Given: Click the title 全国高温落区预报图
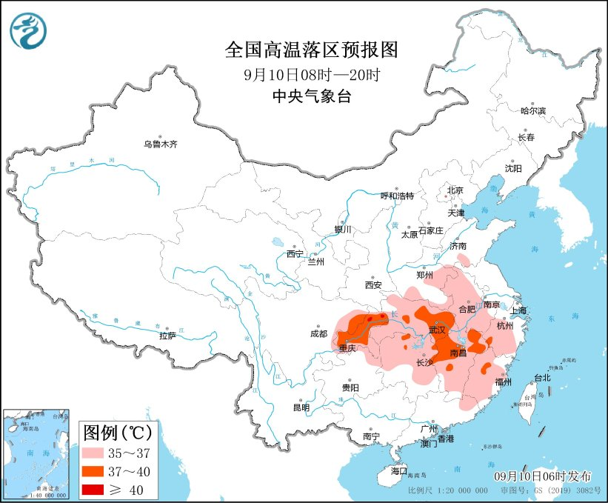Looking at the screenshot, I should click(311, 50).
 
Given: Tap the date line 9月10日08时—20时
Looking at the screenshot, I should click(311, 74).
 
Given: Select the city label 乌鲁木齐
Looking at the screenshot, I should click(161, 144).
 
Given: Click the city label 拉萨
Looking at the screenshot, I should click(167, 335).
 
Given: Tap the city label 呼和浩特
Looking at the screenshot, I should click(397, 196).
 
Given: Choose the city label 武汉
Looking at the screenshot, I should click(439, 330).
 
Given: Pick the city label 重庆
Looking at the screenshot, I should click(348, 348).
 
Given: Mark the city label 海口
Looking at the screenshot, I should click(399, 470).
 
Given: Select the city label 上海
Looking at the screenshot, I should click(518, 310).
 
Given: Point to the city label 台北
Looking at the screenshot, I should click(542, 377).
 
